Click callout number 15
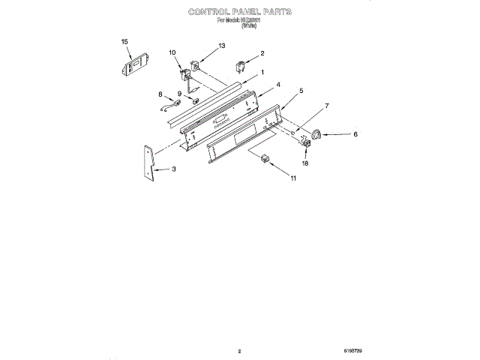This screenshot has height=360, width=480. pyautogui.click(x=125, y=42)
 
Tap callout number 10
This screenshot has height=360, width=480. pyautogui.click(x=172, y=52)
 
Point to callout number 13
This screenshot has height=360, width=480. pyautogui.click(x=220, y=46)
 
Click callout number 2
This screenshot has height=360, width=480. pyautogui.click(x=262, y=53)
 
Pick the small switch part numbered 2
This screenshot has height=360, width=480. pyautogui.click(x=242, y=65)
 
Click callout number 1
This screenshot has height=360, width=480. pyautogui.click(x=262, y=72)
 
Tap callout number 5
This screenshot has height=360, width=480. pyautogui.click(x=301, y=91)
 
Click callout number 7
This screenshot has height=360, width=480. pyautogui.click(x=326, y=106)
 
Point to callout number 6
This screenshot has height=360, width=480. pyautogui.click(x=355, y=134)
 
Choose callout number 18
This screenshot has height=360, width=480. pyautogui.click(x=304, y=162)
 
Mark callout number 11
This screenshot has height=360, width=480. pyautogui.click(x=293, y=178)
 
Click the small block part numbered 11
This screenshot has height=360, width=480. pyautogui.click(x=264, y=157)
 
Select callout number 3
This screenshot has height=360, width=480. pyautogui.click(x=173, y=169)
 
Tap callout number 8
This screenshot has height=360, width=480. pyautogui.click(x=160, y=94)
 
